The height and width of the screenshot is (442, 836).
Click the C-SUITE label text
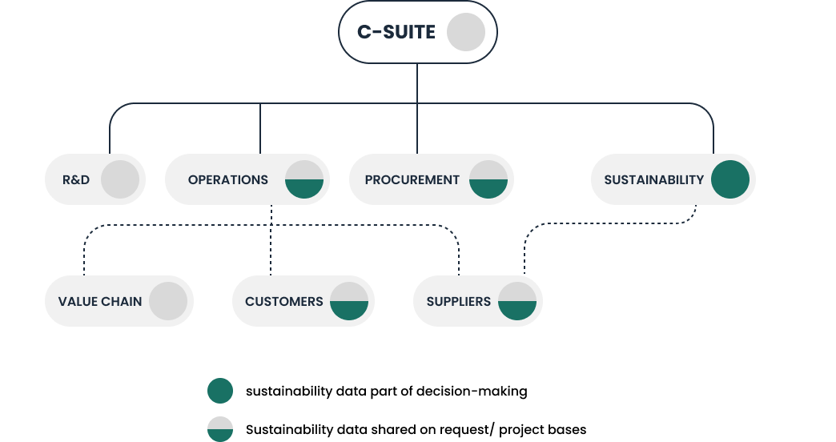point(396,32)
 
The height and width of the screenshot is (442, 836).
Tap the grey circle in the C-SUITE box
point(466,32)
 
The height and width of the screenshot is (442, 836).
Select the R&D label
point(76,179)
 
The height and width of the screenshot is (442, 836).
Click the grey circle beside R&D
point(120,179)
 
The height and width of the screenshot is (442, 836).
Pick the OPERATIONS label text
point(228,179)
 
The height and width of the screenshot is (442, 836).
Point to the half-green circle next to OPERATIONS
point(304,179)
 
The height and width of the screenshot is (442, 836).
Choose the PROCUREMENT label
point(412,179)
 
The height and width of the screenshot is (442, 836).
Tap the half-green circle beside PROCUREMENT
point(488,179)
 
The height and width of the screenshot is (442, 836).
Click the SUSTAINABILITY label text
point(654,179)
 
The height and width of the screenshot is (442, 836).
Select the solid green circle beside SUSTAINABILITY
point(730,179)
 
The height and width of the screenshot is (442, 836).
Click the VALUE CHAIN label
point(100,301)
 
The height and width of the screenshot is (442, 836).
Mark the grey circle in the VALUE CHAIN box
point(168,301)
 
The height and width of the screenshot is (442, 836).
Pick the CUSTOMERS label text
point(284,301)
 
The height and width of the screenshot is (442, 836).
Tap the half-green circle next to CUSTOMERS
point(349,301)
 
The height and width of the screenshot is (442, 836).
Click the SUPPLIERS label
point(459,301)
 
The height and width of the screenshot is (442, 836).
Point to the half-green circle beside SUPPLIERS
point(517,301)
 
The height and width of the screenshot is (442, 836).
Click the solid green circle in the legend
point(220,391)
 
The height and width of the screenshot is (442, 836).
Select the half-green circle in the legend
point(220,429)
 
